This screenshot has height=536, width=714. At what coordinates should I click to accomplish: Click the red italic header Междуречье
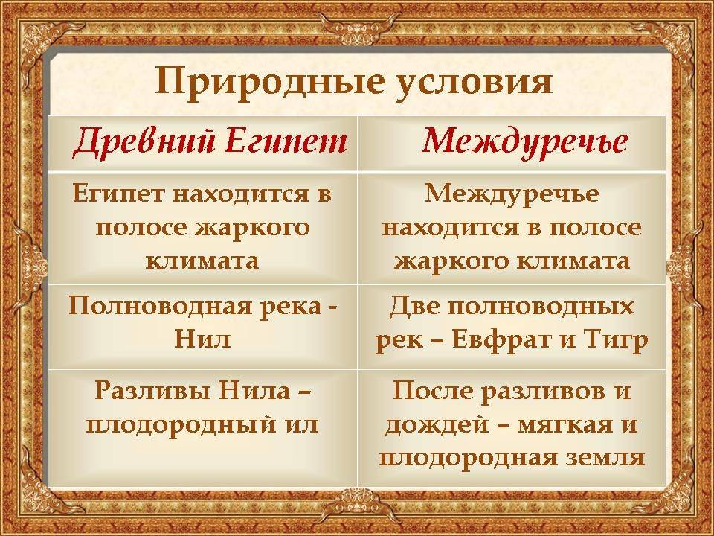click(x=524, y=141)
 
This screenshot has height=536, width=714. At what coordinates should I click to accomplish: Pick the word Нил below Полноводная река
click(x=202, y=339)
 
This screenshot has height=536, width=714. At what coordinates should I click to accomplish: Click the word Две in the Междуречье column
click(x=415, y=306)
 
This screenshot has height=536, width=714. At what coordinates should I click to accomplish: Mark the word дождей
click(x=434, y=426)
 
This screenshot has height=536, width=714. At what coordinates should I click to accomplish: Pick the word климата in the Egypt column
click(x=202, y=261)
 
